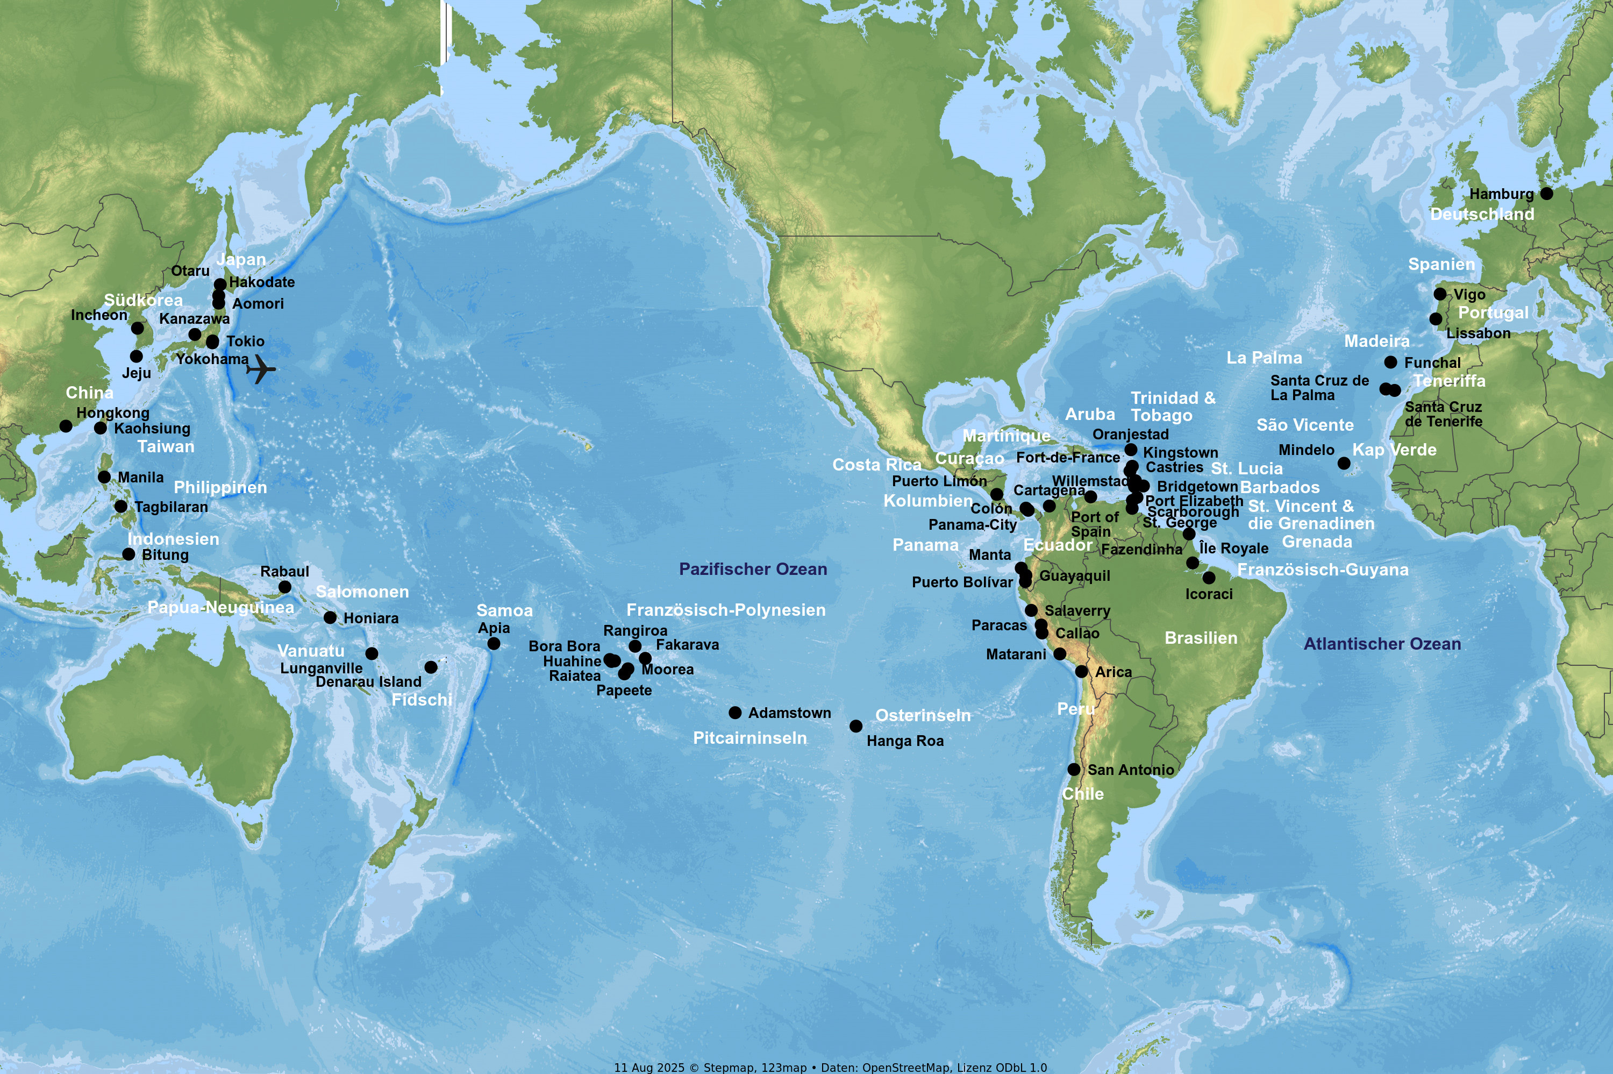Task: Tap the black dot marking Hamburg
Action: click(x=1546, y=194)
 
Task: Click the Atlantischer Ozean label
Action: click(x=1382, y=644)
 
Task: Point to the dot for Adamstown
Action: click(x=736, y=713)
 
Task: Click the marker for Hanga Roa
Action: click(x=856, y=726)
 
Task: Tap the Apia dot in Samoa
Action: click(x=494, y=644)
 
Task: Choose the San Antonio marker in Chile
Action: click(x=1074, y=770)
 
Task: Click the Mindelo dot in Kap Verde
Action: click(x=1344, y=464)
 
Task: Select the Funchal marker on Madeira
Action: click(x=1390, y=362)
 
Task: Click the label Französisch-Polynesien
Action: click(x=726, y=610)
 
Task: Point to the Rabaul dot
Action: click(x=285, y=587)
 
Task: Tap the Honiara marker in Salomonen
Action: click(x=330, y=618)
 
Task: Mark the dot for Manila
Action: click(x=104, y=478)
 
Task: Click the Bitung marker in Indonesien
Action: click(x=129, y=554)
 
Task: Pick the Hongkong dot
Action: click(x=66, y=426)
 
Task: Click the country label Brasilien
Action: click(x=1201, y=638)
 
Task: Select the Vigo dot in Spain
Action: click(x=1440, y=294)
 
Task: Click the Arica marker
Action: click(x=1082, y=672)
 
